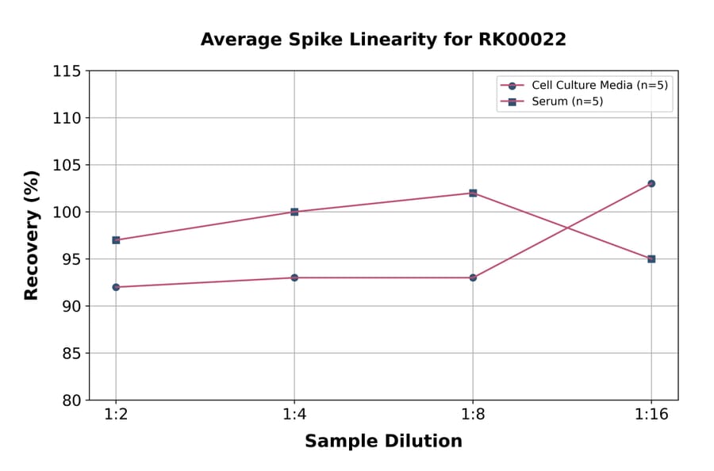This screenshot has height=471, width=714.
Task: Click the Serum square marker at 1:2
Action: tap(116, 239)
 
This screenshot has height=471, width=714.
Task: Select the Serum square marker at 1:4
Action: tap(294, 212)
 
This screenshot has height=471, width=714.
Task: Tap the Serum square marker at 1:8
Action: tap(473, 193)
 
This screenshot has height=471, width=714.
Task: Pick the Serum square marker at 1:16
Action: tap(651, 258)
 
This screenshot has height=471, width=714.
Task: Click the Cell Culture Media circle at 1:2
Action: tap(116, 287)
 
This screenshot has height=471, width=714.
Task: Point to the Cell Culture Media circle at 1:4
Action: tap(294, 278)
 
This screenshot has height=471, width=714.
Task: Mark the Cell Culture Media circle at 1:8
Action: tap(473, 278)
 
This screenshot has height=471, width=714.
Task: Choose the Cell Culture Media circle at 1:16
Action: tap(651, 183)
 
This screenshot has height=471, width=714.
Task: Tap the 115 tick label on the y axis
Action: tap(67, 71)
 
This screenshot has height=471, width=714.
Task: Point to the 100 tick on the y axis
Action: tap(67, 213)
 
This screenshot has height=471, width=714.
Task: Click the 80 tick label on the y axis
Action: tap(71, 400)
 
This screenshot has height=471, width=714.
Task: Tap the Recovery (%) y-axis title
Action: tap(32, 235)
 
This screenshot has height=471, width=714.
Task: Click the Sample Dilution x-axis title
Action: tap(383, 442)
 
